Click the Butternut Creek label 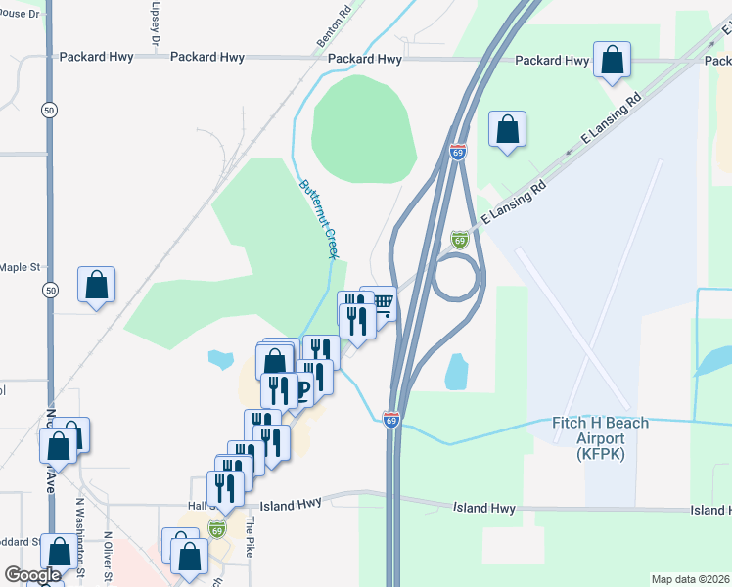(318, 219)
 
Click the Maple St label (20, 266)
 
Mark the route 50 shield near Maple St (49, 290)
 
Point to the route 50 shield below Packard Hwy (49, 111)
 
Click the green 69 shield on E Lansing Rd (459, 240)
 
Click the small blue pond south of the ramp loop (456, 372)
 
